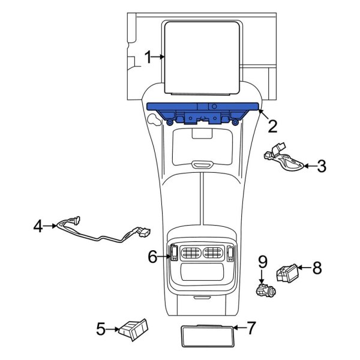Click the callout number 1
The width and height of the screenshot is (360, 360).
click(148, 58)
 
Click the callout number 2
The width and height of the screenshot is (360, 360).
click(273, 126)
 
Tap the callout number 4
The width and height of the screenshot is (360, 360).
click(38, 226)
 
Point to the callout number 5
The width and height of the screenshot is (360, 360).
click(101, 328)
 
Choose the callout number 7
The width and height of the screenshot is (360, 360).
click(251, 328)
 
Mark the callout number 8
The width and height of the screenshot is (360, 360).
click(317, 268)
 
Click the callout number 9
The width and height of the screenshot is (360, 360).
click(262, 262)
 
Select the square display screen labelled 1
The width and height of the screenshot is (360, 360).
click(202, 57)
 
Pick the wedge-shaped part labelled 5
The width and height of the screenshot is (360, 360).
click(134, 328)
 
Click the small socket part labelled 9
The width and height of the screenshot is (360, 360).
click(264, 290)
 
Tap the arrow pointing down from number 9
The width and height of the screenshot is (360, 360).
click(262, 277)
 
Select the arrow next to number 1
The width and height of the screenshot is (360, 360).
click(160, 58)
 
